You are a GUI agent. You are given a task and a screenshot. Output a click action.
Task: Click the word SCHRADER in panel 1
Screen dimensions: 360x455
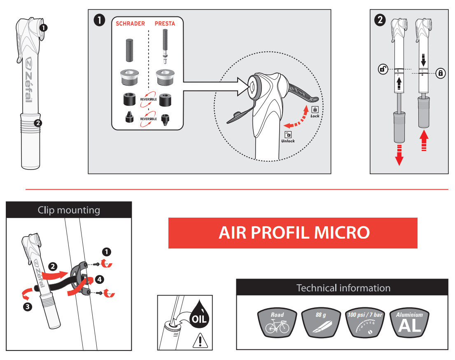[130, 23]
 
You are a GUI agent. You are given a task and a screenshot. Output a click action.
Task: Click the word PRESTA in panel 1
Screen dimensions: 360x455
[165, 23]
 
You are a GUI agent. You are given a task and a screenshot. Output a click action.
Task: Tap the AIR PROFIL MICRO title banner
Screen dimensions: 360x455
[293, 233]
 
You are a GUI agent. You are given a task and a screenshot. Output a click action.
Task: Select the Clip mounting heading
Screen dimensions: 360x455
[69, 210]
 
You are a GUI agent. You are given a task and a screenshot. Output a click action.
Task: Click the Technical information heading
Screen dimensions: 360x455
[343, 288]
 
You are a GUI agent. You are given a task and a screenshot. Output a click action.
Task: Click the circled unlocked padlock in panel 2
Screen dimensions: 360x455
[383, 70]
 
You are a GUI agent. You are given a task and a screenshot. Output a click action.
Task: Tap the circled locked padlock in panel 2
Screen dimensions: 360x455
[441, 73]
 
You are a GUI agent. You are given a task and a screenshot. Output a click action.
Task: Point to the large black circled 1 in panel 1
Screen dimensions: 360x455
[99, 20]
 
